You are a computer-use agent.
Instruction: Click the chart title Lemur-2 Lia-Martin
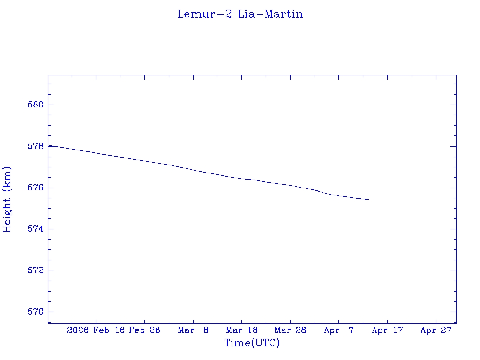point(240,14)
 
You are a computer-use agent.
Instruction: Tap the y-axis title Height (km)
point(7,199)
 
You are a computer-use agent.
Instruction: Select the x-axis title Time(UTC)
point(252,343)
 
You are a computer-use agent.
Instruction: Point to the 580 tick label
point(36,105)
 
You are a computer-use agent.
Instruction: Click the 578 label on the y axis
point(36,146)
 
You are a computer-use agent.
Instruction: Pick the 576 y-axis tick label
point(36,187)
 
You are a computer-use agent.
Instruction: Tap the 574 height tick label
point(36,229)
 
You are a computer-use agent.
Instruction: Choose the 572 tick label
point(36,270)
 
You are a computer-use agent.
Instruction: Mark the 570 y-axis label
point(36,312)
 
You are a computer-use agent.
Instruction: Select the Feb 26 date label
point(144,330)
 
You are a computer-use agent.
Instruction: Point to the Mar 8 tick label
point(193,330)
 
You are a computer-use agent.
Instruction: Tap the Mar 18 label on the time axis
point(241,330)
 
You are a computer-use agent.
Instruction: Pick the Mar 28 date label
point(290,330)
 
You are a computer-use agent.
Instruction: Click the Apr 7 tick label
point(339,330)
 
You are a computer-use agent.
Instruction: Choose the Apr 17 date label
point(387,330)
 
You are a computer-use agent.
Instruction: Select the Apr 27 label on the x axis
point(436,330)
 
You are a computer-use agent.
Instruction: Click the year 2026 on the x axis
point(78,330)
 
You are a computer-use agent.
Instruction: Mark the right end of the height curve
point(369,200)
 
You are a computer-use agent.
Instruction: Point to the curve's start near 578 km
point(49,146)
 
